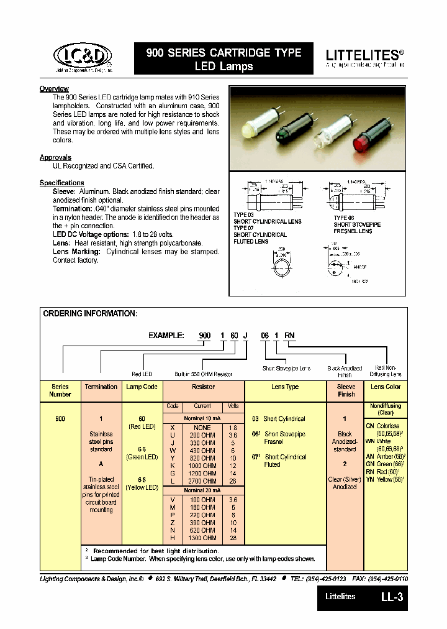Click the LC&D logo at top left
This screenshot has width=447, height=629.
(82, 58)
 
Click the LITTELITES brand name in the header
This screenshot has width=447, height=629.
(365, 55)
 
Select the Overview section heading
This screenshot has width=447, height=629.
(54, 89)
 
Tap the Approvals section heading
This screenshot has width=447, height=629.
(55, 157)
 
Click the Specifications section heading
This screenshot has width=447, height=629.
(61, 183)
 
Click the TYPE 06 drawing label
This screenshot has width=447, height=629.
(345, 218)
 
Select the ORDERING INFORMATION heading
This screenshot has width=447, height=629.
(89, 314)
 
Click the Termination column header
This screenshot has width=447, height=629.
(101, 387)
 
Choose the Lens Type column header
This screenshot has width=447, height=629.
(284, 387)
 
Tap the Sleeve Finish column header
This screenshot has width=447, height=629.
(346, 390)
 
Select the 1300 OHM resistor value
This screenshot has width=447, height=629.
(203, 537)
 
